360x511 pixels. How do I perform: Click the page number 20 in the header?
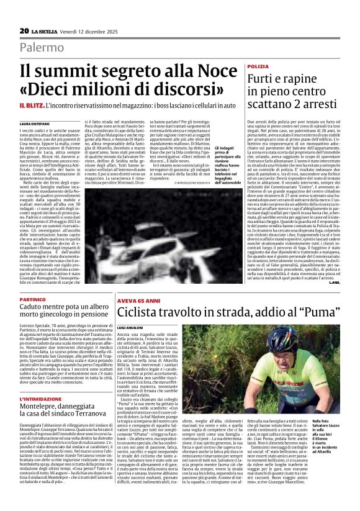(24, 31)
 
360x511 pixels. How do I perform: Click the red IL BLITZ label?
(30, 106)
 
